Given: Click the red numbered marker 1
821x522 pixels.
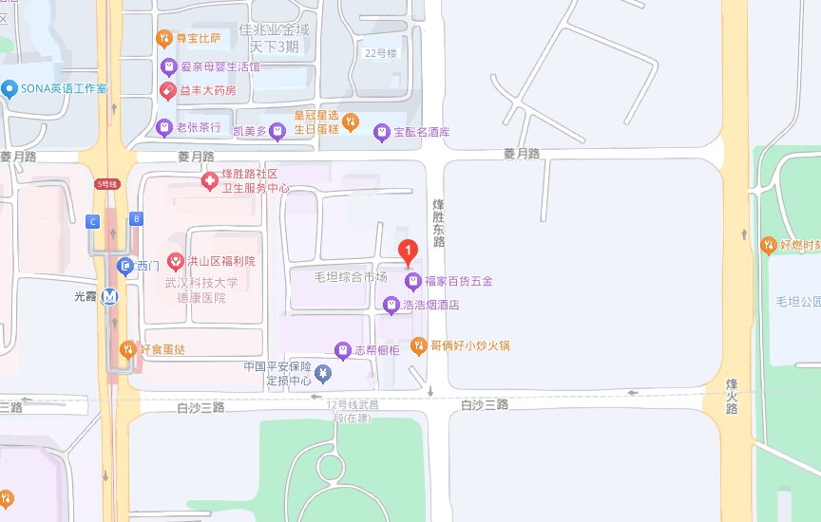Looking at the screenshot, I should tap(409, 252).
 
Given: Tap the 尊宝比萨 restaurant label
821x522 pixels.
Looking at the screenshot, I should tap(199, 39).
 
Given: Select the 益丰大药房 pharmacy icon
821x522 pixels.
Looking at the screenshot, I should tap(167, 91).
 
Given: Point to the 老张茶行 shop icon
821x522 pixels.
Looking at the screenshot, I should tap(164, 126).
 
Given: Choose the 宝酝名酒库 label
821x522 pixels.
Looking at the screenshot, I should tap(422, 132).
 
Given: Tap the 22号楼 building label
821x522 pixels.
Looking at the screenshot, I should tap(380, 53).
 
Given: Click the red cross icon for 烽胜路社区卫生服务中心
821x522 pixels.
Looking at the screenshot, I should tap(209, 179).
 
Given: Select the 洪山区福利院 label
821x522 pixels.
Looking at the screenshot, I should tap(221, 261).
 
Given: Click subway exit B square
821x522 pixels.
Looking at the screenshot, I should tap(136, 219).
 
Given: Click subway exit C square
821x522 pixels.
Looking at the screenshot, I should tap(92, 221).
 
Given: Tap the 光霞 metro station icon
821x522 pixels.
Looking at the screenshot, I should tap(111, 296).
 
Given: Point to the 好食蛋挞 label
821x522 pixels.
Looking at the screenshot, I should tap(162, 349).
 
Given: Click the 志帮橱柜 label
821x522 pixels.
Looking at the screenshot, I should tap(376, 350).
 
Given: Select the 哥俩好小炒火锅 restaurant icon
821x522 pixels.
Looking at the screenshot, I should tap(418, 345).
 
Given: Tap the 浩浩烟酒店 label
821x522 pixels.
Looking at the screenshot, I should tap(430, 306).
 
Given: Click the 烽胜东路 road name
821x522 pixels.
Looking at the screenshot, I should tap(439, 223).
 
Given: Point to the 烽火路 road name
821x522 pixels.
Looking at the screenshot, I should tap(732, 396).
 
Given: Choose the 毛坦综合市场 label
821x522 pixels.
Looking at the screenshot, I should tap(351, 277).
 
